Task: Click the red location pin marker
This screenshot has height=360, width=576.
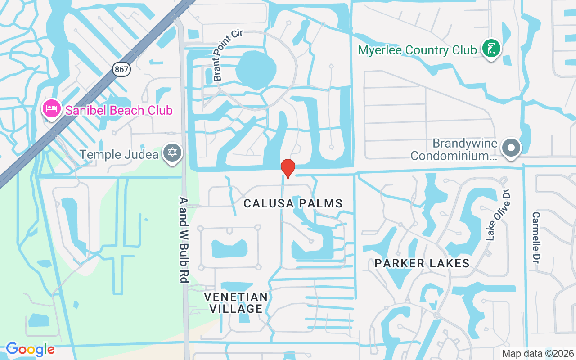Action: [x=288, y=168]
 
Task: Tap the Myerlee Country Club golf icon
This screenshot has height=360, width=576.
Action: [x=491, y=49]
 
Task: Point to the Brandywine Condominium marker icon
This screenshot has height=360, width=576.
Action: [x=511, y=148]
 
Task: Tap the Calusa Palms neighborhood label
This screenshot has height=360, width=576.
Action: [x=293, y=204]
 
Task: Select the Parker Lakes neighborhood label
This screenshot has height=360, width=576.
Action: [x=422, y=263]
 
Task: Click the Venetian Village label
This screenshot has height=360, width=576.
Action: [x=236, y=302]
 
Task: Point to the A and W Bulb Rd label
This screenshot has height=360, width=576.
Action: [x=183, y=240]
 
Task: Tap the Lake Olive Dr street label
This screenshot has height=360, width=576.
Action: [x=499, y=215]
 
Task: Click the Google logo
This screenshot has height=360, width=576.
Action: [x=30, y=349]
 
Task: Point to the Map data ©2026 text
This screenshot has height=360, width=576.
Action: [x=538, y=353]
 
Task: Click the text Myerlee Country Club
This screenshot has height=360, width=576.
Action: [x=417, y=50]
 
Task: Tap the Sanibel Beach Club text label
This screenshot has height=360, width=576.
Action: [x=119, y=110]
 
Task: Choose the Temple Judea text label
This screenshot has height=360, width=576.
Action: [x=119, y=155]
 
